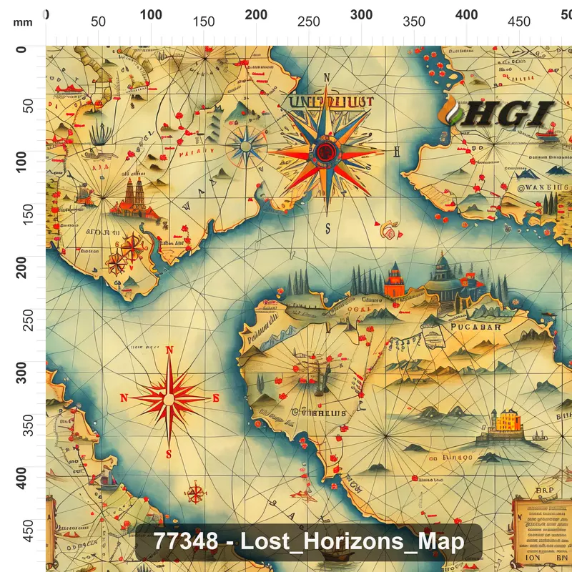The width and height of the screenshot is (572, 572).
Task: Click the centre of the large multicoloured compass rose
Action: tap(326, 151)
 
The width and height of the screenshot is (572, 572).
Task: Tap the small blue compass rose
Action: tap(245, 145)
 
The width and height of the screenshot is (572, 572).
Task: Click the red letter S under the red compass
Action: tap(169, 454)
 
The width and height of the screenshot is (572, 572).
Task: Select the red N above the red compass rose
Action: tap(169, 350)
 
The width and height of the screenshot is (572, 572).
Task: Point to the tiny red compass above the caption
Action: tap(195, 493)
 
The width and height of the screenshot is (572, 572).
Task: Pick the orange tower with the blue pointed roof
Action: tap(393, 280)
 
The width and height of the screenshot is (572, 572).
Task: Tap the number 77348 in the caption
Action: tap(186, 541)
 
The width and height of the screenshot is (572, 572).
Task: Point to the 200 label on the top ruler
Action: tap(256, 15)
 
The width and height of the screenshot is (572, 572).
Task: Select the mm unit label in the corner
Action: tap(22, 22)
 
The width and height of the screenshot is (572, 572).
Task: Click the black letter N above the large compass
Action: tap(327, 78)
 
